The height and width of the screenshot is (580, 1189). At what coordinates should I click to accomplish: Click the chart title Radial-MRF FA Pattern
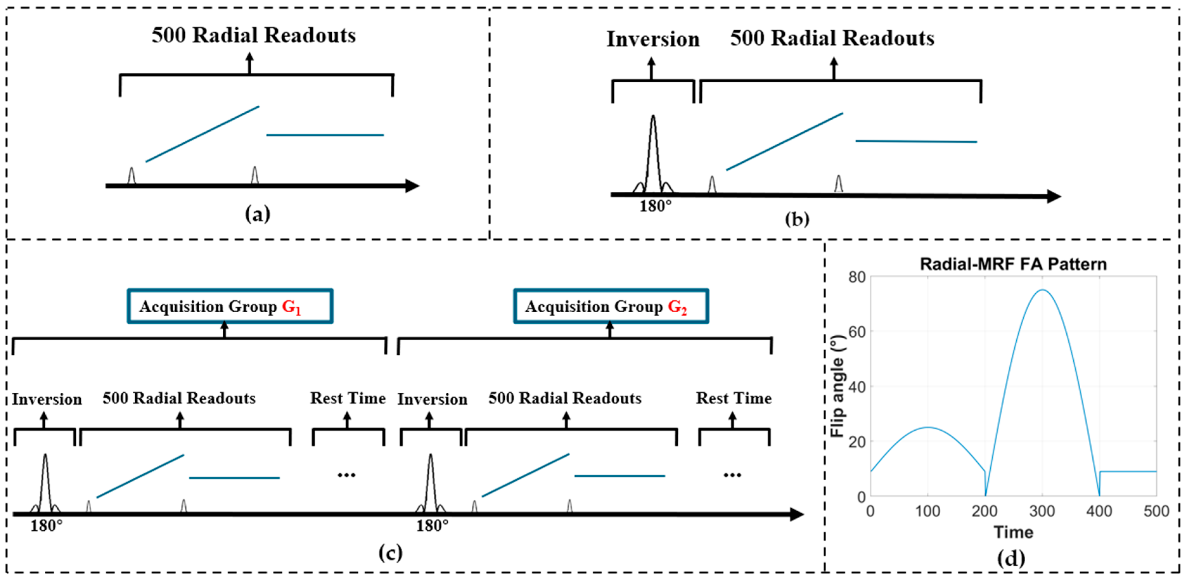(x=1013, y=264)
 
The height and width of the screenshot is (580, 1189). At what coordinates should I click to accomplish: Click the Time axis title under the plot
(x=1013, y=532)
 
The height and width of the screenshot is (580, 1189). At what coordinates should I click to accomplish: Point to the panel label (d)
(x=1011, y=558)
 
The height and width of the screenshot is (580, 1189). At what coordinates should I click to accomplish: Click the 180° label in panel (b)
(x=655, y=206)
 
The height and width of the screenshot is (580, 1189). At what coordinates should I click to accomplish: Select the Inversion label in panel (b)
(x=653, y=39)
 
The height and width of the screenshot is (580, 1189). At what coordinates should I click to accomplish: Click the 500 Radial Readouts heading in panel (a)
(x=254, y=35)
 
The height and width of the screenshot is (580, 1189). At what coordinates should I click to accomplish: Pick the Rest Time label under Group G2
(x=733, y=398)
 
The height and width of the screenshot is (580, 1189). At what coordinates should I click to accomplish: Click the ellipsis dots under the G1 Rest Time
(x=346, y=475)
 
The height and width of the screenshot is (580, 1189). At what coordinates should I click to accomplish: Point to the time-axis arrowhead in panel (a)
(x=412, y=186)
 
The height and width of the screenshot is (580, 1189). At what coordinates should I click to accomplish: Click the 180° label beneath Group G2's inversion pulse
(x=432, y=526)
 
